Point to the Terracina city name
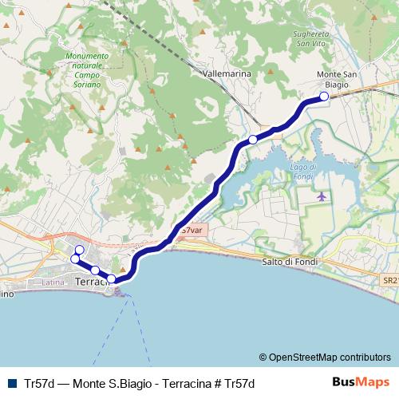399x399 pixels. pyautogui.click(x=90, y=282)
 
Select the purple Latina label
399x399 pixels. pyautogui.click(x=53, y=282)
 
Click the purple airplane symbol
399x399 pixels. pyautogui.click(x=322, y=196)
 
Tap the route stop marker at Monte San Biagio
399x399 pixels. pyautogui.click(x=324, y=97)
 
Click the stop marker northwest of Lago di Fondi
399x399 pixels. pyautogui.click(x=253, y=140)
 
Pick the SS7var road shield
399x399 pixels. pyautogui.click(x=191, y=231)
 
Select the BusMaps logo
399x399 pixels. pyautogui.click(x=360, y=382)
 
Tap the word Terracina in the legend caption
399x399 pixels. pyautogui.click(x=188, y=383)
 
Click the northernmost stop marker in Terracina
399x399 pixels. pyautogui.click(x=79, y=250)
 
